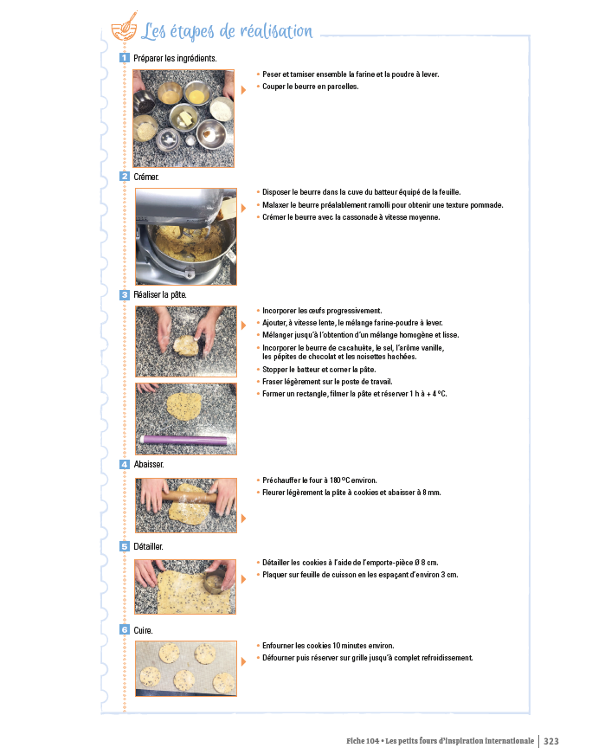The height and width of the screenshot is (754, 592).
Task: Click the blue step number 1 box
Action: (x=125, y=58)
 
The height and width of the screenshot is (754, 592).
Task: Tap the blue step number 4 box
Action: (x=125, y=465)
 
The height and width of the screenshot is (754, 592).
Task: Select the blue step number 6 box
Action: (x=125, y=630)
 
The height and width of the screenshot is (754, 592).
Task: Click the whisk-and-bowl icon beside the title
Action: (x=125, y=27)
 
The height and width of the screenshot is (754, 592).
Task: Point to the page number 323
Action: (x=551, y=741)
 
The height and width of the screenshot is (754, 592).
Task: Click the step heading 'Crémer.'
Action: (x=146, y=177)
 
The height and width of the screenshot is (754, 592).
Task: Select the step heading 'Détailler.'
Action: (x=148, y=547)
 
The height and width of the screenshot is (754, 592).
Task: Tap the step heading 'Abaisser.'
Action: (x=149, y=465)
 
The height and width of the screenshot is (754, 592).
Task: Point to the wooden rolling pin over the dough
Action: (x=190, y=496)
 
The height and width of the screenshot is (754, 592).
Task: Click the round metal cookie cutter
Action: (x=215, y=583)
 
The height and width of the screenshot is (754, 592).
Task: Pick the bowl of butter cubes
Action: (x=183, y=117)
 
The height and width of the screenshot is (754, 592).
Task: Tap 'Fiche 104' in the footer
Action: (x=363, y=741)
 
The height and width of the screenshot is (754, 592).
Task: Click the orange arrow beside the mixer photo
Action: (x=243, y=209)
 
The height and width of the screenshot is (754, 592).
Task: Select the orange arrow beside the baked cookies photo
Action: (x=243, y=661)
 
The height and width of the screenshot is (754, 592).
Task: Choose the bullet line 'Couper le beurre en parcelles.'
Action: (x=310, y=87)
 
